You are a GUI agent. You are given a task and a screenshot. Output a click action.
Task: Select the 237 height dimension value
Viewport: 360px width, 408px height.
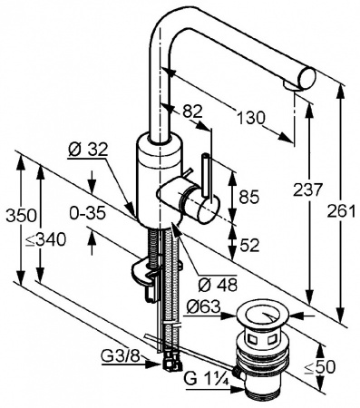coord(306,189)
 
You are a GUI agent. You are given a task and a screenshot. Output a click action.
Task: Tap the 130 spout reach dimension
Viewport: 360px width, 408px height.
coord(250,118)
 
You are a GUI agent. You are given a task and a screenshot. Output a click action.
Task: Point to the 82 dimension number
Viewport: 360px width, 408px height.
coord(192,112)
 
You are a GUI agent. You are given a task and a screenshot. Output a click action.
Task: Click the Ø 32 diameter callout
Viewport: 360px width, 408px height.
coord(88,149)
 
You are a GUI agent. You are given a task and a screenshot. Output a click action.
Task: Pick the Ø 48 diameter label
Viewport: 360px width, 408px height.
coord(218,284)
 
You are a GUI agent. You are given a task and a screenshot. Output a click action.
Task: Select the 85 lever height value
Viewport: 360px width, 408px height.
coord(249,197)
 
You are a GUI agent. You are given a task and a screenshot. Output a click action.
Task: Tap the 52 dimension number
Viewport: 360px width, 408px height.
coord(249,245)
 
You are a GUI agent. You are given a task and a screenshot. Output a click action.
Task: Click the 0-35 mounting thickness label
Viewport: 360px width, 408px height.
coord(87,213)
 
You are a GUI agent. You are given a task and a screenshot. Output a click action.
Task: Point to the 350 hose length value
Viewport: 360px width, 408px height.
coord(22,215)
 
